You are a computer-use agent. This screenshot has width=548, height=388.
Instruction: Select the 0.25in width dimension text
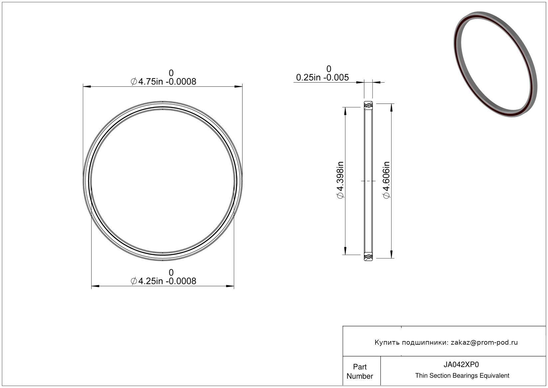(322, 77)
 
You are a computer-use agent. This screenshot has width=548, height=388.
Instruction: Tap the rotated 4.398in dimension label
(340, 180)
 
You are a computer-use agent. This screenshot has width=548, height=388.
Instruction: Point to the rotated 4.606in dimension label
(386, 180)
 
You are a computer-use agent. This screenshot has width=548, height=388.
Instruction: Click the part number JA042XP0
(461, 365)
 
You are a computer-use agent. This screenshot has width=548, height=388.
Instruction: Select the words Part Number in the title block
(360, 371)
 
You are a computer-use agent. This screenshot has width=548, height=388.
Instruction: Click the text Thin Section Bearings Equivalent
(462, 376)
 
